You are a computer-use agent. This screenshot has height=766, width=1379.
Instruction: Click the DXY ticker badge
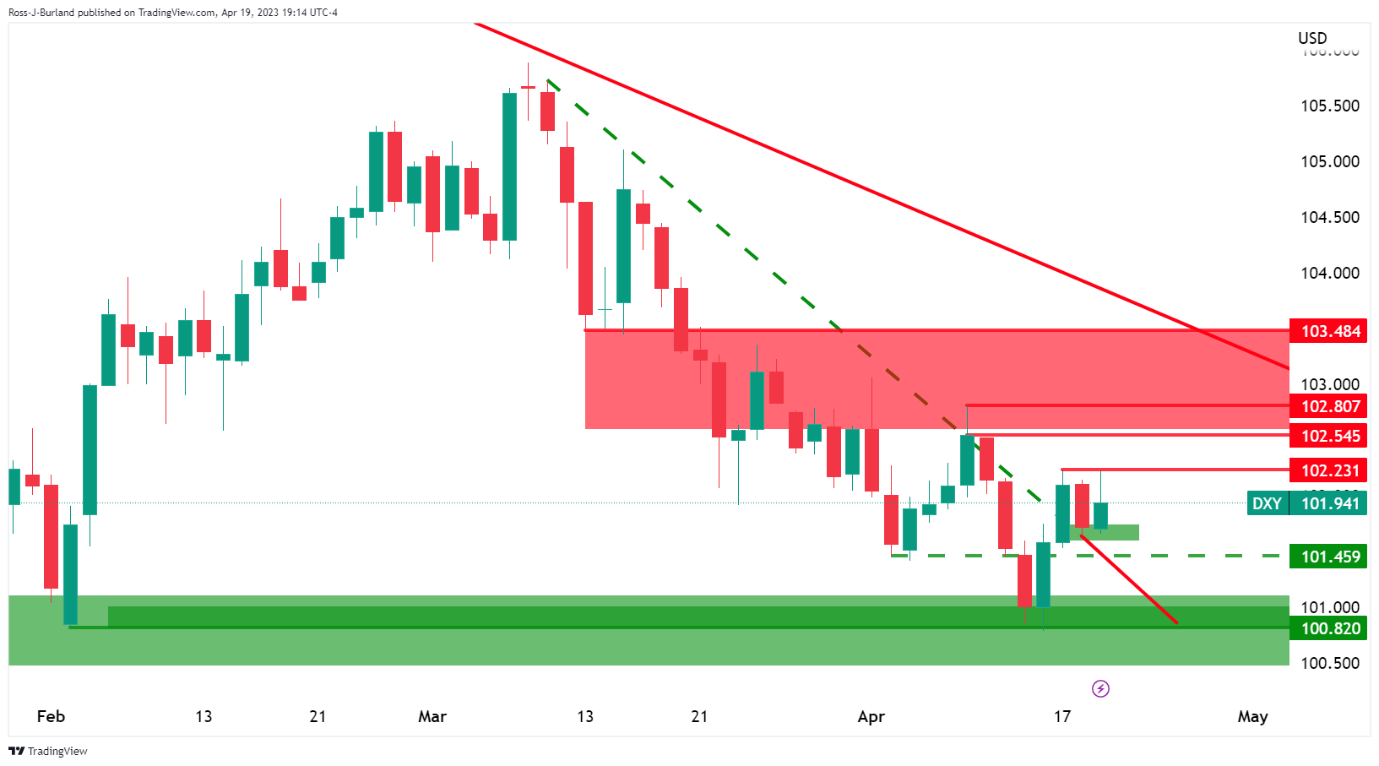(x=1267, y=503)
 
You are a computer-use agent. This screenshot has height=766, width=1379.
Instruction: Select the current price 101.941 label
(x=1330, y=503)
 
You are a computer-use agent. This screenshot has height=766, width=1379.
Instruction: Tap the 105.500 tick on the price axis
(x=1330, y=106)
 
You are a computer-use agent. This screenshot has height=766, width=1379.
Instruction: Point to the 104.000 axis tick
(x=1330, y=273)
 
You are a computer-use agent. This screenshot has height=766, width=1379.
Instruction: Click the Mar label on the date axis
(x=432, y=716)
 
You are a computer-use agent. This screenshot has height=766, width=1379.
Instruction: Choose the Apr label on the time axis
(x=871, y=716)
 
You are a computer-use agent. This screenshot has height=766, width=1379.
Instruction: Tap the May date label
(x=1252, y=716)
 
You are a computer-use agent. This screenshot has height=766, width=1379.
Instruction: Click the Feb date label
(x=51, y=716)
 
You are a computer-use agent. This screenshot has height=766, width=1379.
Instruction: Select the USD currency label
(x=1312, y=38)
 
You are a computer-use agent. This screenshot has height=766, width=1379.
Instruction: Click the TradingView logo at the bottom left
(x=48, y=751)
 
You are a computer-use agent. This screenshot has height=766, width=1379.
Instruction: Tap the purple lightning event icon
(x=1100, y=689)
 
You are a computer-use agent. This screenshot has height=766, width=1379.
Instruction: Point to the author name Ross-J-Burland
(x=41, y=13)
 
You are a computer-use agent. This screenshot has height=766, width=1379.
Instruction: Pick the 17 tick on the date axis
(x=1062, y=716)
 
